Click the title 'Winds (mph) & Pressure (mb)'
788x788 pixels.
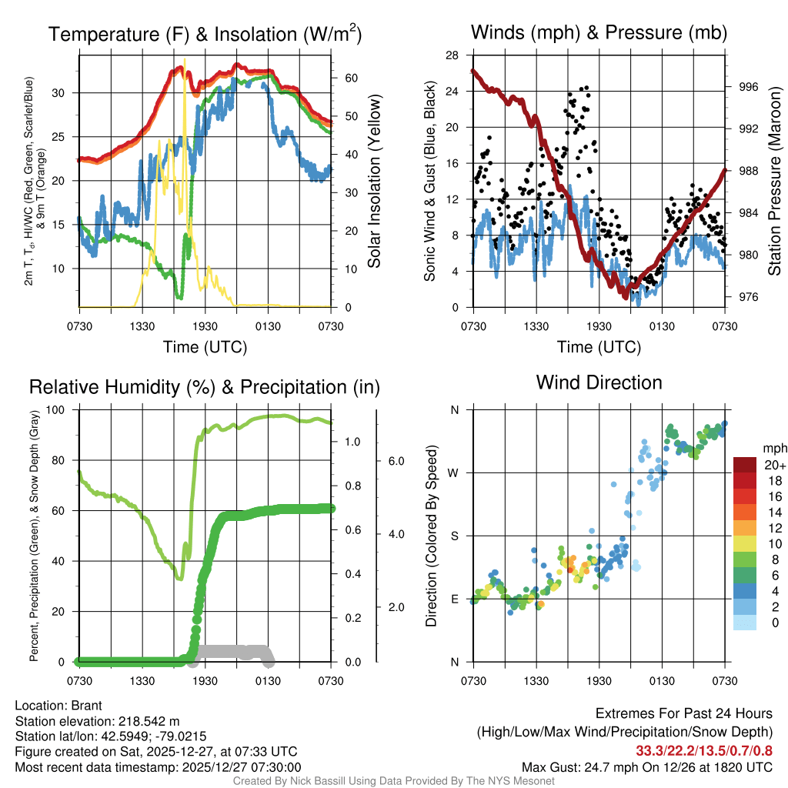click(599, 33)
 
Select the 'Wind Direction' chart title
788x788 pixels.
click(599, 382)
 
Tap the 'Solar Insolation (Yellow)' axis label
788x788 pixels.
click(375, 182)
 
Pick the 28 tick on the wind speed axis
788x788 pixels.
click(452, 55)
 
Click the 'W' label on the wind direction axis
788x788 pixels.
click(454, 472)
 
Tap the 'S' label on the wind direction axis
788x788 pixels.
click(454, 536)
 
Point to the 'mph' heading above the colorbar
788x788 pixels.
click(773, 448)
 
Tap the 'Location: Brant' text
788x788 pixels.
click(58, 706)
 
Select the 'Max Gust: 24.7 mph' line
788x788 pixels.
click(647, 766)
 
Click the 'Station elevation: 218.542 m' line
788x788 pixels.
click(97, 721)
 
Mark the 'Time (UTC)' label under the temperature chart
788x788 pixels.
click(205, 347)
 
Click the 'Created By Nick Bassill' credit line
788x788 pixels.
click(394, 781)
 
